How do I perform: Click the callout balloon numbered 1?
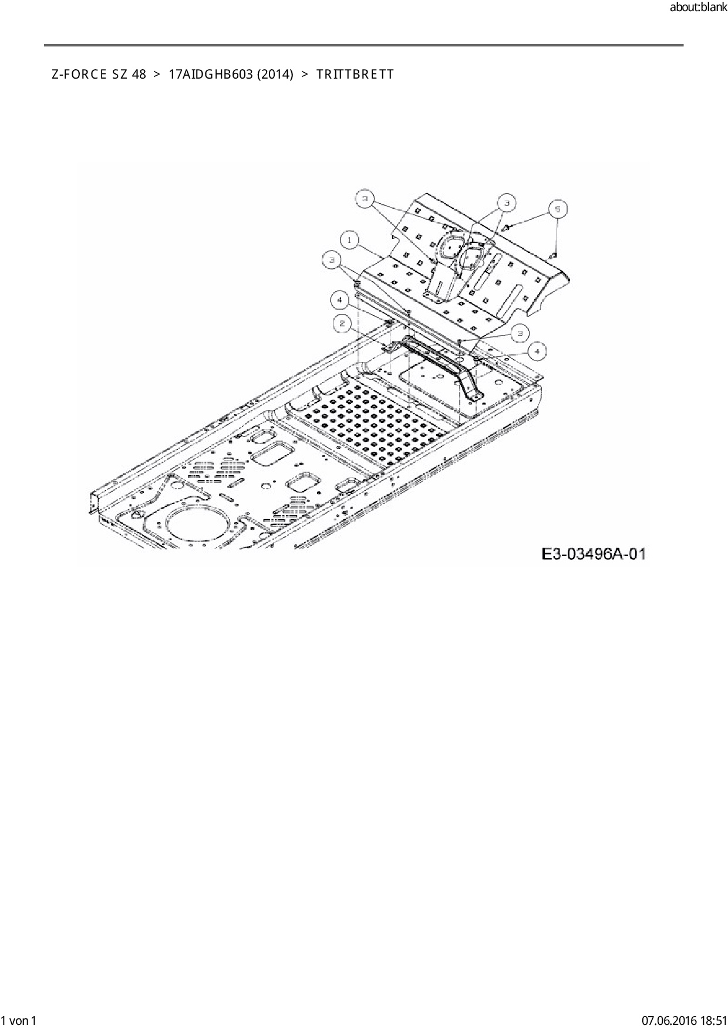point(349,240)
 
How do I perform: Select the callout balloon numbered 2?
point(342,323)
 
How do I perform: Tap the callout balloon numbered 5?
point(558,209)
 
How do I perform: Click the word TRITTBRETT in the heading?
point(355,75)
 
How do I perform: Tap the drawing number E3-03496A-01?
point(594,553)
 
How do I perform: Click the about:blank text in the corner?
point(698,8)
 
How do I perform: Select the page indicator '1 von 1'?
point(19,1021)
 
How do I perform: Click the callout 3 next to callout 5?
point(506,203)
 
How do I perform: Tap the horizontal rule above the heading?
point(363,45)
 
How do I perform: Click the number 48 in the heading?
point(139,75)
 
